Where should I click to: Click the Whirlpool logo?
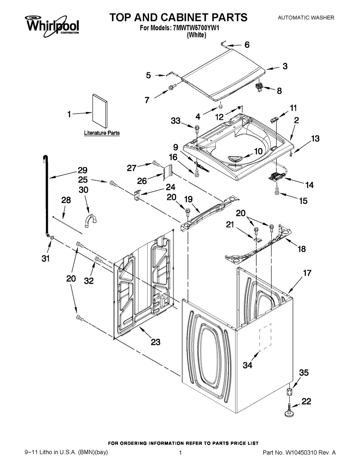pos(52,24)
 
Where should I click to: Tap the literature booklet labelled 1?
pos(99,111)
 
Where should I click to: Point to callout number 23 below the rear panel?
pos(156,342)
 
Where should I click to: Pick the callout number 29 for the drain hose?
pos(82,170)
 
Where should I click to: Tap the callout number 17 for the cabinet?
pos(307,273)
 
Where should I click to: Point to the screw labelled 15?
pos(277,191)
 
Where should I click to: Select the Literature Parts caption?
pos(102,133)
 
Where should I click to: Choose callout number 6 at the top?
pos(247,45)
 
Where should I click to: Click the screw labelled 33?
pos(197,127)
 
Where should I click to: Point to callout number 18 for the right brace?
pos(301,248)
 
